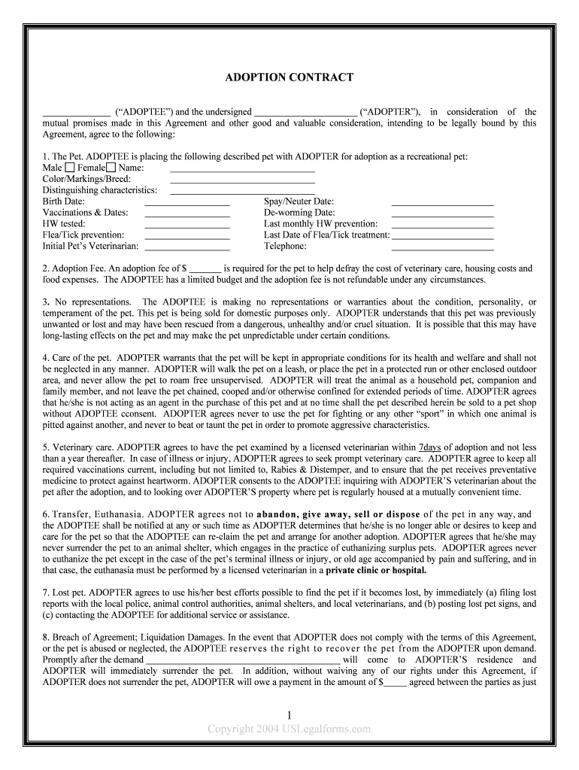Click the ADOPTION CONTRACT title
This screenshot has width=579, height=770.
click(289, 77)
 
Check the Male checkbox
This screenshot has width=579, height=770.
click(69, 167)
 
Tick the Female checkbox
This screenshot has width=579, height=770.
click(111, 167)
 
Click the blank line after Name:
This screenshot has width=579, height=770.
click(242, 170)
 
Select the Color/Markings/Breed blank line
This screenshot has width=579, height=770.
click(242, 181)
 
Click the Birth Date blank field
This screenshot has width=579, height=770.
click(186, 204)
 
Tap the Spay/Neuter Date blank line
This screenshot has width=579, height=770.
click(442, 204)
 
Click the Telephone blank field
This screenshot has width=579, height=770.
click(442, 248)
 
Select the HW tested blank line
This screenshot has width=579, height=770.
click(186, 226)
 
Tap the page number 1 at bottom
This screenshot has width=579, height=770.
click(289, 715)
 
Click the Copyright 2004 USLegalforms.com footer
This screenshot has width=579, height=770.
click(289, 729)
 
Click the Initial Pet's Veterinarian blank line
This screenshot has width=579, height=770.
click(186, 248)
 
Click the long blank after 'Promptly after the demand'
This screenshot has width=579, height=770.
click(243, 659)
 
